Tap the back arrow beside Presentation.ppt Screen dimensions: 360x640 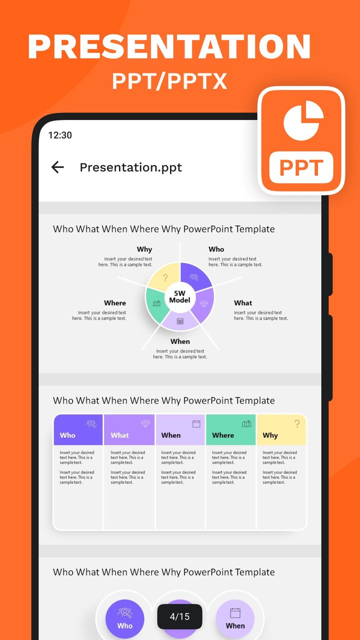click(x=57, y=167)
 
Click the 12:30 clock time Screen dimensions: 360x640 click(x=60, y=135)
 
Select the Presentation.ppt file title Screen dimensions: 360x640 click(x=130, y=167)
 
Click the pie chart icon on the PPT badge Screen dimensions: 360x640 click(x=303, y=120)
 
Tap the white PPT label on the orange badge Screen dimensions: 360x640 click(x=301, y=167)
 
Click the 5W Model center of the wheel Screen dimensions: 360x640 click(x=179, y=297)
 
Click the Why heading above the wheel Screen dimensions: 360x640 click(x=144, y=249)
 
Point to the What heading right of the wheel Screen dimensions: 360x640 click(x=243, y=303)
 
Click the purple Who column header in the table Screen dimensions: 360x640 click(x=78, y=429)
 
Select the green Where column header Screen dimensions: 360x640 click(x=230, y=429)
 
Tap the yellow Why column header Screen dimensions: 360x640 click(x=281, y=429)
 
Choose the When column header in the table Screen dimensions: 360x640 click(x=180, y=429)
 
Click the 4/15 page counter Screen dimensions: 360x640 click(x=179, y=616)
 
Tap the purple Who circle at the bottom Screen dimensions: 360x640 click(x=125, y=619)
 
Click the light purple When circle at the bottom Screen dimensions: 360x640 click(x=235, y=619)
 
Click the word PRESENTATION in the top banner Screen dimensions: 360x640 click(x=169, y=46)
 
